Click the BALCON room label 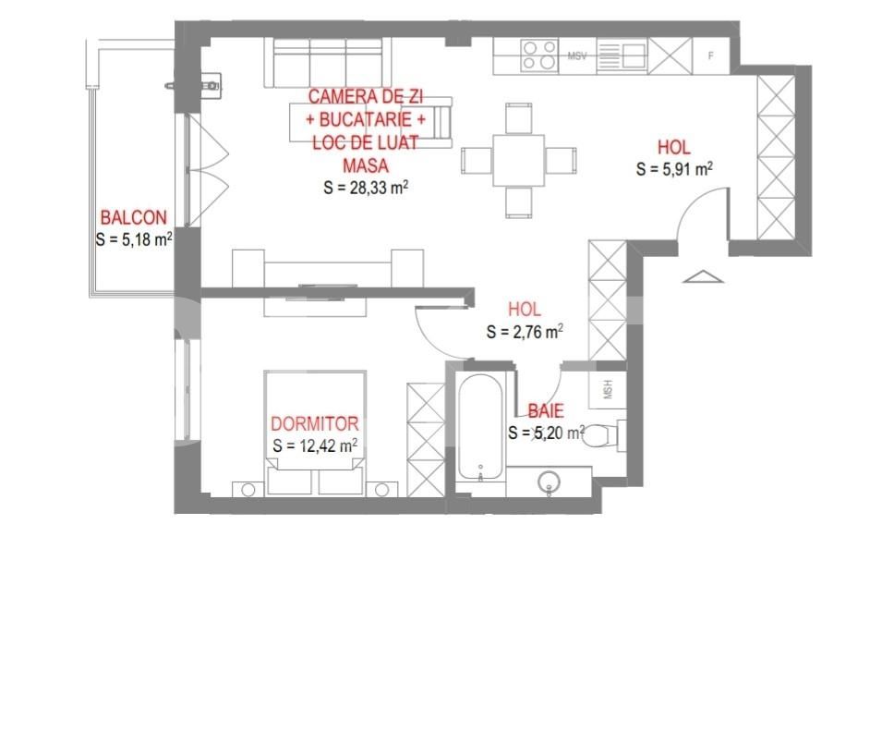coord(134,218)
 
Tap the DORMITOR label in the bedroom coord(314,424)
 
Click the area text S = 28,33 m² coord(367,187)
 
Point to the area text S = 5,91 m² coord(674,168)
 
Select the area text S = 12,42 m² coord(316,445)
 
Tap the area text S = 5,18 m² coord(135,238)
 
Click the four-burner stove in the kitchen coord(539,55)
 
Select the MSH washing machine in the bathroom coord(609,388)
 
